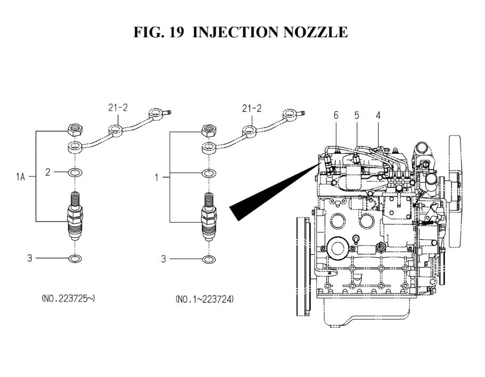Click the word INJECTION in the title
(235, 32)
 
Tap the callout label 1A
(20, 177)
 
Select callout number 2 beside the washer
(47, 173)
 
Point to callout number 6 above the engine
(336, 116)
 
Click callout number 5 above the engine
(357, 116)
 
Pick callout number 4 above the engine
(378, 116)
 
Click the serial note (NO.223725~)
(68, 299)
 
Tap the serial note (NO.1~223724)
(204, 299)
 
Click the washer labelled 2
(75, 173)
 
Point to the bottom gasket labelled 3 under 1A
(75, 259)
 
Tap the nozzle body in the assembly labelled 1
(209, 217)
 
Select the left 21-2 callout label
(118, 108)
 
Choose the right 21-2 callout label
(252, 109)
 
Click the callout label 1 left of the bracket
(157, 178)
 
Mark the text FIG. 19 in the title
(159, 32)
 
